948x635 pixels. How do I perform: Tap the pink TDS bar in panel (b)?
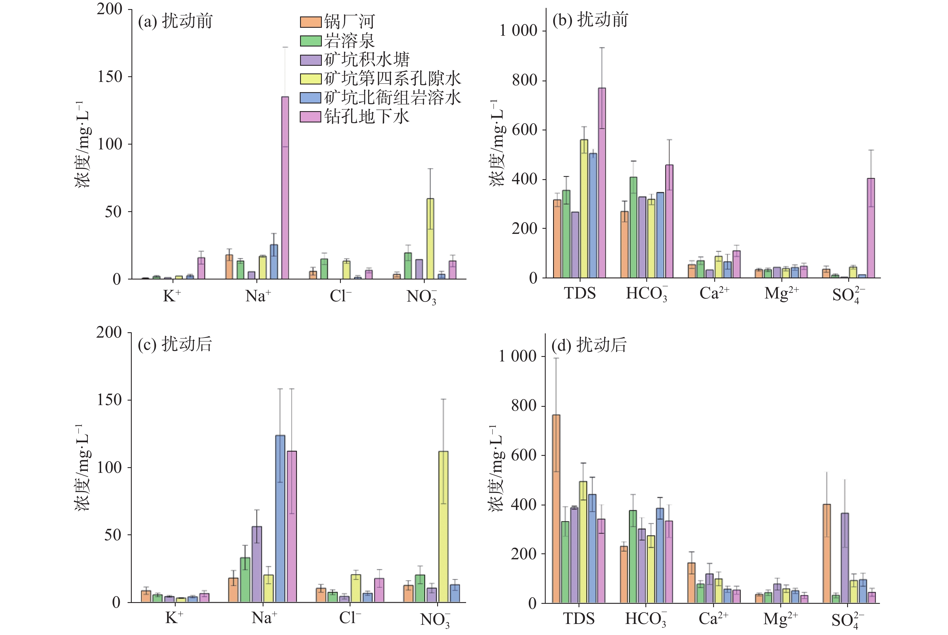pyautogui.click(x=601, y=183)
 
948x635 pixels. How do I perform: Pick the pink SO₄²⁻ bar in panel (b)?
pyautogui.click(x=871, y=228)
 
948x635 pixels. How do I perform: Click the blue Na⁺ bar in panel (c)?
pyautogui.click(x=280, y=519)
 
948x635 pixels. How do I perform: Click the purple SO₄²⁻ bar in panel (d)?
pyautogui.click(x=845, y=558)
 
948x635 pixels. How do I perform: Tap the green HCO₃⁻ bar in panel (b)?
pyautogui.click(x=633, y=227)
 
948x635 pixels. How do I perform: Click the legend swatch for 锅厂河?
pyautogui.click(x=311, y=22)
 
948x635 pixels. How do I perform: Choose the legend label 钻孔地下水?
pyautogui.click(x=366, y=117)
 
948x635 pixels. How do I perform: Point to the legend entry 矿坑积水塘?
pyautogui.click(x=366, y=60)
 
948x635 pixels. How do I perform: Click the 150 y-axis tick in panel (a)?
pyautogui.click(x=109, y=77)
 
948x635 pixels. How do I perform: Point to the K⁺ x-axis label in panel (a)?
pyautogui.click(x=172, y=296)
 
